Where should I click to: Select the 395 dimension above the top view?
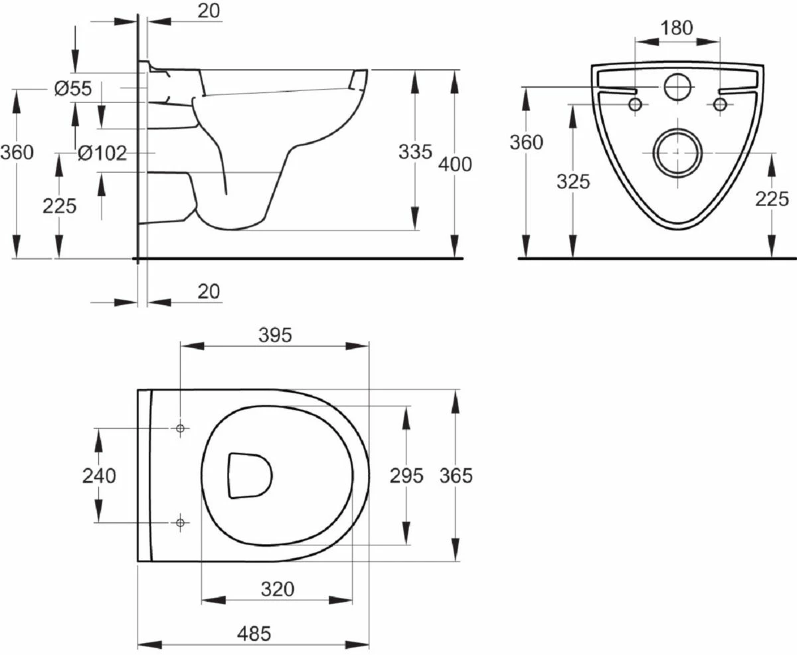click(275, 335)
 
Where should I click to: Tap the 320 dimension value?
click(277, 589)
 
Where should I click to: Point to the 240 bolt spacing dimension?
click(99, 476)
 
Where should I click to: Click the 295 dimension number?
click(406, 476)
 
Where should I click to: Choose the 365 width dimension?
click(456, 476)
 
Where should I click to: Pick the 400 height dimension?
click(456, 163)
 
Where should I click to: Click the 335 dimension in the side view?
click(415, 152)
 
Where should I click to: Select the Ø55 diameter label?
click(73, 88)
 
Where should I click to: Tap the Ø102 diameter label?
click(102, 153)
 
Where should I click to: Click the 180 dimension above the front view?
click(677, 28)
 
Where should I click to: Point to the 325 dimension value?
click(572, 181)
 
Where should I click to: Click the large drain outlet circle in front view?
click(677, 152)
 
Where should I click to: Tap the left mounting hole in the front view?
click(636, 104)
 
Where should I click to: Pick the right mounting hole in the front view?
click(719, 104)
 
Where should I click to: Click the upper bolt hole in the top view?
click(179, 428)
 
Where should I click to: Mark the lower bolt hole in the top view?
click(179, 523)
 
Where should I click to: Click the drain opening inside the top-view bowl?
click(249, 475)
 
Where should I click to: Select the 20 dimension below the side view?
click(209, 291)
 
